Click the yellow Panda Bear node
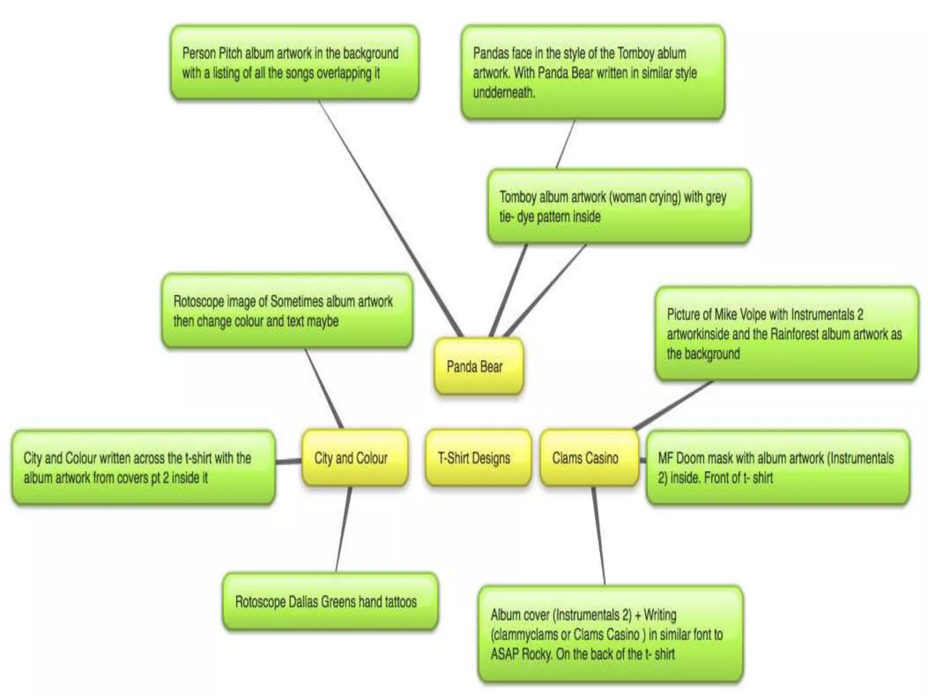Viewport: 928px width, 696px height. pyautogui.click(x=478, y=366)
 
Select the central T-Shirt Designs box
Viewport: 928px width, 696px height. pyautogui.click(x=478, y=458)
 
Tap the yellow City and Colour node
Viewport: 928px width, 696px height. pyautogui.click(x=354, y=458)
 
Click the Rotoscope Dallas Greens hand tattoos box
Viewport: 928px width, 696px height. pyautogui.click(x=330, y=602)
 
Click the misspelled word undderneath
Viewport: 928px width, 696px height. pyautogui.click(x=504, y=93)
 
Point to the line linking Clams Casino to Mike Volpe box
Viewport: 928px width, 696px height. pyautogui.click(x=674, y=405)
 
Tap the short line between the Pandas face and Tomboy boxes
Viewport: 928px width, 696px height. pyautogui.click(x=565, y=144)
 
